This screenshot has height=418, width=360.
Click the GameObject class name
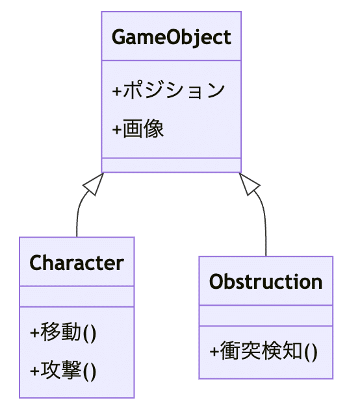[x=171, y=37]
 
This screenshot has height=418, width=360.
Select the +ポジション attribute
[x=169, y=91]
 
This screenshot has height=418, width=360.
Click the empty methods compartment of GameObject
[x=171, y=165]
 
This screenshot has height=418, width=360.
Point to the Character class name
[x=77, y=263]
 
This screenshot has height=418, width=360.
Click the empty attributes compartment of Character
[x=77, y=296]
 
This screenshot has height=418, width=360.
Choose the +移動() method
[x=63, y=332]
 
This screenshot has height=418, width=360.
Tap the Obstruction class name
[x=266, y=282]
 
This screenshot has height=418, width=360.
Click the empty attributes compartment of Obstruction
[x=266, y=315]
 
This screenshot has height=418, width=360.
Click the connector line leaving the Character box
[x=77, y=221]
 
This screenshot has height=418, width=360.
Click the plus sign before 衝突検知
[x=214, y=352]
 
